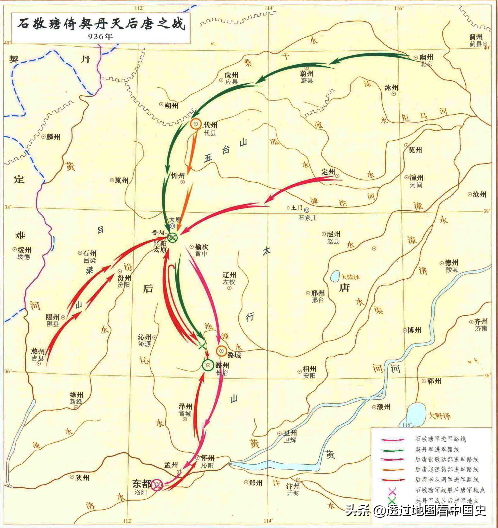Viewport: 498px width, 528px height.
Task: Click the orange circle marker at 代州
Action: coord(196,124)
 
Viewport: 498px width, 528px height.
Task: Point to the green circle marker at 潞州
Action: coord(208,365)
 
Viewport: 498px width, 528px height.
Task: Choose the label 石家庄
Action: coord(308,218)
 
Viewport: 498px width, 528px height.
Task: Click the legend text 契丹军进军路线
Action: coord(437,449)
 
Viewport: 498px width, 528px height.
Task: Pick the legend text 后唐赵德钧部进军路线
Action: coord(447,470)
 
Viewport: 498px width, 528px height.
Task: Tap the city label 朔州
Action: coord(171,106)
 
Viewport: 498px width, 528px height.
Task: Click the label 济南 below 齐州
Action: coord(481,329)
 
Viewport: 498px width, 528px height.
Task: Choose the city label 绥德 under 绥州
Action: coord(24,257)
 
